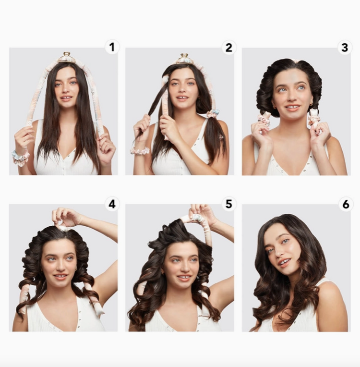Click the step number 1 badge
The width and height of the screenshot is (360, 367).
[112, 47]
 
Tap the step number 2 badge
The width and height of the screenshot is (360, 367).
[228, 47]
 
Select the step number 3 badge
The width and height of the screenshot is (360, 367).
[345, 47]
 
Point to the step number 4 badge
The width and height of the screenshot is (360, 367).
[112, 204]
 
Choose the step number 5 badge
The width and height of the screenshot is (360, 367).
[228, 204]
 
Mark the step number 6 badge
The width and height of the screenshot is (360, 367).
[345, 204]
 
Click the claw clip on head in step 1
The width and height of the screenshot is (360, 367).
[66, 58]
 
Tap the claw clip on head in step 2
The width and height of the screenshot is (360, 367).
[184, 59]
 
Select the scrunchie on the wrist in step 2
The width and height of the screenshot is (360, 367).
[140, 150]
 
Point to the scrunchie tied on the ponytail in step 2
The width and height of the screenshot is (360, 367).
[213, 113]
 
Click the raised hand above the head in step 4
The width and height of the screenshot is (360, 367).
[66, 217]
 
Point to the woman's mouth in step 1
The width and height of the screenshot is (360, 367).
[66, 98]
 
